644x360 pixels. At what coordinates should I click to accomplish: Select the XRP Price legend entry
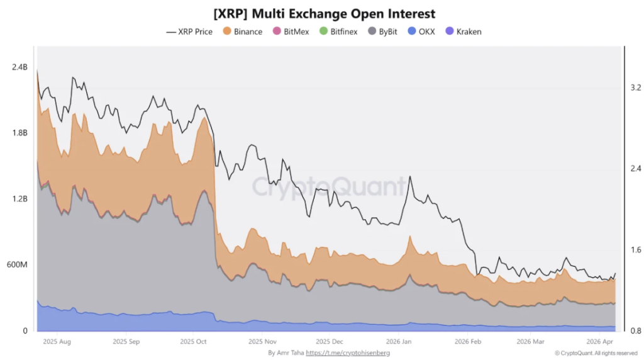tap(189, 31)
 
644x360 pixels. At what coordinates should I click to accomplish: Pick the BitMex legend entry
tap(291, 31)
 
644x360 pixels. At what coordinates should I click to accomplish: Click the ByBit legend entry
tap(386, 31)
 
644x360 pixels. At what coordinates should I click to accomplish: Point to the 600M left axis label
tap(16, 265)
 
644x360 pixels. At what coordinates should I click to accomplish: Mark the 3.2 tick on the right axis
tap(635, 87)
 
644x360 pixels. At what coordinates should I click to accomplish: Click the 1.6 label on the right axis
tap(635, 250)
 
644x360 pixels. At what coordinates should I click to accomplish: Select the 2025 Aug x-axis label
tap(57, 342)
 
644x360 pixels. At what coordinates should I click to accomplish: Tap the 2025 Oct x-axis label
tap(193, 342)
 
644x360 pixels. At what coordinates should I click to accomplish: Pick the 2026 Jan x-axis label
tap(397, 342)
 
